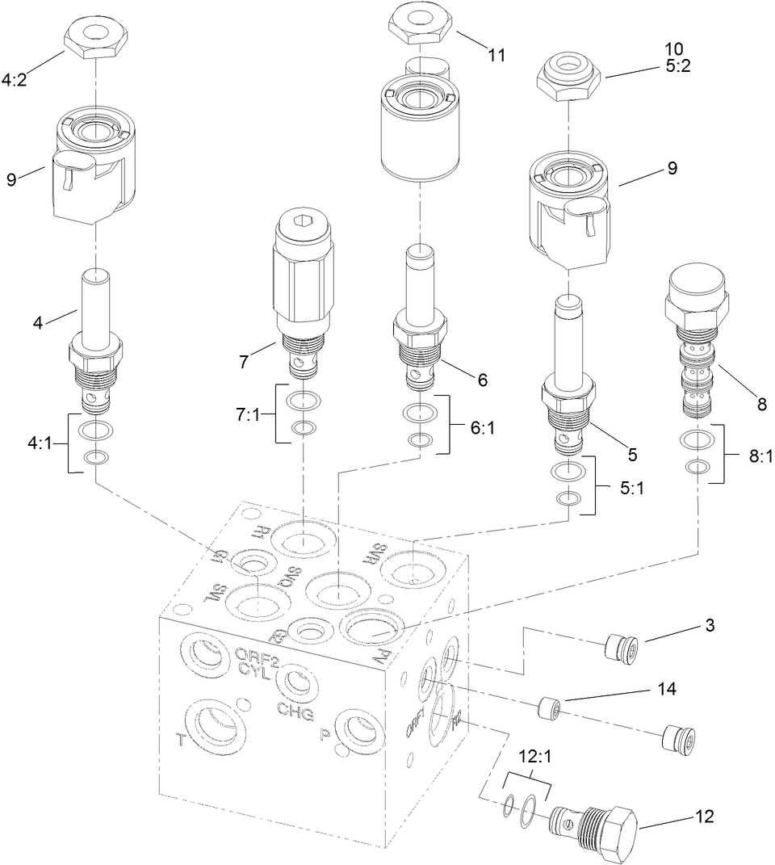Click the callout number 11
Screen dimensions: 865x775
496,55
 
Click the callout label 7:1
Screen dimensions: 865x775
249,414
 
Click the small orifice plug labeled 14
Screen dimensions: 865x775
548,709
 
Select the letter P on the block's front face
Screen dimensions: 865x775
325,736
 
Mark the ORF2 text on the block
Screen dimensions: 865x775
257,655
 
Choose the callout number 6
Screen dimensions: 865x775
483,378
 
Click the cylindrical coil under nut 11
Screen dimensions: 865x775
419,130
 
